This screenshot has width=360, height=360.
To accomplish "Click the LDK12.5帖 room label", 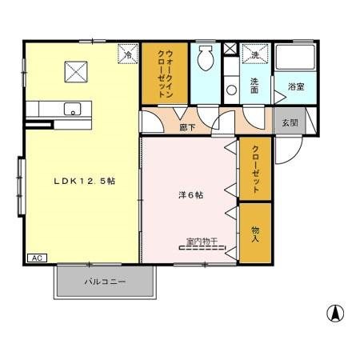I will pos(85,182).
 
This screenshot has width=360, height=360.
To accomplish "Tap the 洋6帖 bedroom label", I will pos(190,194).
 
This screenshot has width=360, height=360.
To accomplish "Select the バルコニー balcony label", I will pos(105,282).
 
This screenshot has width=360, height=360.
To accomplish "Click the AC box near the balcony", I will pos(37,258).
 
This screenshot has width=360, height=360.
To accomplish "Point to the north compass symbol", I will pos(336,313).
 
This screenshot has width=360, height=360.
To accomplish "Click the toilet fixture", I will pos(205,57).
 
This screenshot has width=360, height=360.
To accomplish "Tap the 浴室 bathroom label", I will pos(295,86).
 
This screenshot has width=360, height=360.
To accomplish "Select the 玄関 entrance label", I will pos(289,122).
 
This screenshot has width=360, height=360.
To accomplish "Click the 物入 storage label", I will pos(255,234).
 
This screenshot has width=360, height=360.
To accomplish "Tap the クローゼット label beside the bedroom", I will pos(255,168).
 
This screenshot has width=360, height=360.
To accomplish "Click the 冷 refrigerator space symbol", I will pos(127,55).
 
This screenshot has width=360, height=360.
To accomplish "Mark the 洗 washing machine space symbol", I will pos(254,55).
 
